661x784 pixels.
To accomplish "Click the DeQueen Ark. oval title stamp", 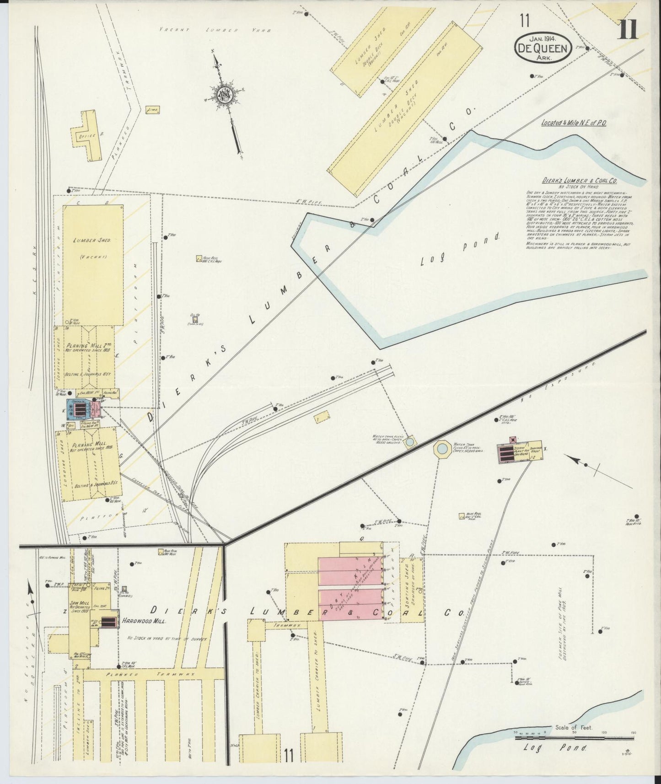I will point(543,47).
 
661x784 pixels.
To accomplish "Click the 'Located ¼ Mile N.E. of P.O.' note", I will point(574,123).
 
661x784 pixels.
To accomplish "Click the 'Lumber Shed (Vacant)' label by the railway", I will point(94,247).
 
